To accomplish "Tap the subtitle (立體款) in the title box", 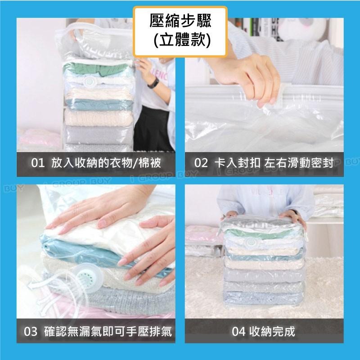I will coord(180,40).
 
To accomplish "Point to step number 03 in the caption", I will coord(31,333).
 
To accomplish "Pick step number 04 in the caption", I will coord(238,332).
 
